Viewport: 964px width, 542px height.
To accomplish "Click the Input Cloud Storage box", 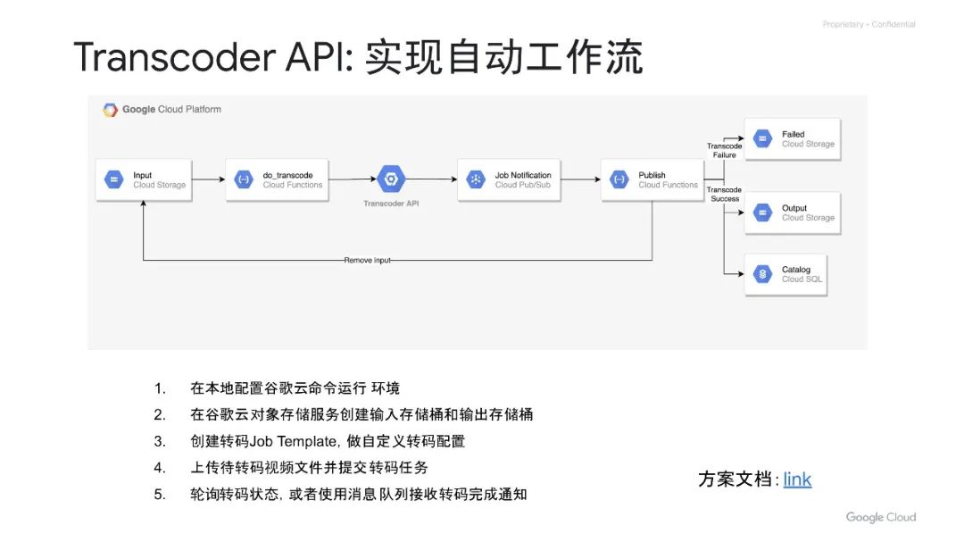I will point(143,180).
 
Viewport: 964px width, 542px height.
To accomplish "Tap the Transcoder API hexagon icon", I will point(390,179).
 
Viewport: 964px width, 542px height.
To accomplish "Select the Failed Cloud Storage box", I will point(792,139).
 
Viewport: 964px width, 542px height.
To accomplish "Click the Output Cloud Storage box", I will point(792,213).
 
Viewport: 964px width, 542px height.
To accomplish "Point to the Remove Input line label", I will point(367,260).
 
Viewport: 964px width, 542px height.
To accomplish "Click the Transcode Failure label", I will point(724,150).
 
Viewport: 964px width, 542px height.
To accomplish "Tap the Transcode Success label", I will point(724,194).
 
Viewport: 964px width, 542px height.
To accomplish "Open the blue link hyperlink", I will point(797,479).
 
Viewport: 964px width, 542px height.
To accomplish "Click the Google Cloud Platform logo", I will point(162,110).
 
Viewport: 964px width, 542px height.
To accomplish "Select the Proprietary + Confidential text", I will point(868,24).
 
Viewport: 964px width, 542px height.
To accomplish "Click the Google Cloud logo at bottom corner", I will point(880,517).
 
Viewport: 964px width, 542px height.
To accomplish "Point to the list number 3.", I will point(160,441).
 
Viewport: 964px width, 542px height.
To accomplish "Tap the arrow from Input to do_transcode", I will point(208,180).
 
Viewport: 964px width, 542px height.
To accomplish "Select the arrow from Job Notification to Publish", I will point(580,180).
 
